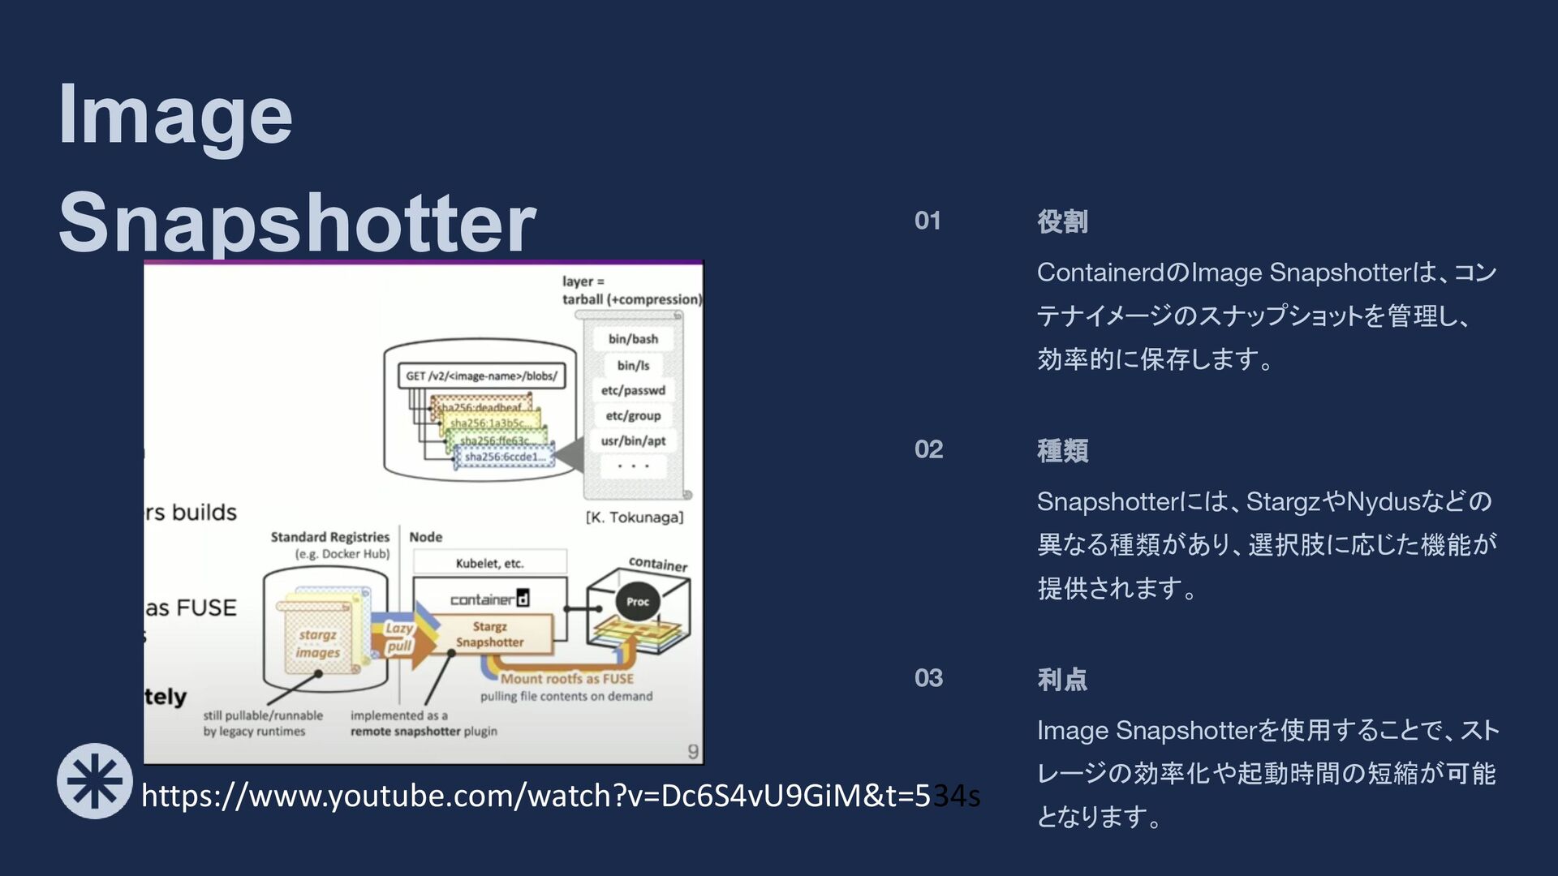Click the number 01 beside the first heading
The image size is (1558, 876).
(x=927, y=221)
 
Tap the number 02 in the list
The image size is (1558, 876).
(x=928, y=449)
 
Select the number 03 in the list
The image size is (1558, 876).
(x=928, y=678)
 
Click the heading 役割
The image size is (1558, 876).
(x=1062, y=221)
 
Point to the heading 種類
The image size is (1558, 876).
(x=1062, y=450)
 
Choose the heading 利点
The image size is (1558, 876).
(x=1062, y=679)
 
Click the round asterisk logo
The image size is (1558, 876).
(x=95, y=781)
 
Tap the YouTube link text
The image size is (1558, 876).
(x=560, y=796)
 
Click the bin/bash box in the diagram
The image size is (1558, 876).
(x=633, y=339)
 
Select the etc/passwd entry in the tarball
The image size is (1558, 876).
(x=633, y=390)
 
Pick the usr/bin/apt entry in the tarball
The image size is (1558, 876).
(x=633, y=441)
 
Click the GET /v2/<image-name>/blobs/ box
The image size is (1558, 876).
(x=481, y=376)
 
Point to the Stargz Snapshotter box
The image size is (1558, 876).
(x=489, y=634)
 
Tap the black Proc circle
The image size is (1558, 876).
(x=638, y=602)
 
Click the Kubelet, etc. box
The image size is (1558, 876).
(x=489, y=563)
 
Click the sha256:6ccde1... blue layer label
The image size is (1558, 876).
(x=506, y=457)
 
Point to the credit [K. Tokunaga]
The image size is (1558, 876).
(x=635, y=517)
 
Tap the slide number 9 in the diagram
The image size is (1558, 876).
(x=693, y=752)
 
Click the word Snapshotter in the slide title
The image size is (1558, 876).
(x=297, y=222)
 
